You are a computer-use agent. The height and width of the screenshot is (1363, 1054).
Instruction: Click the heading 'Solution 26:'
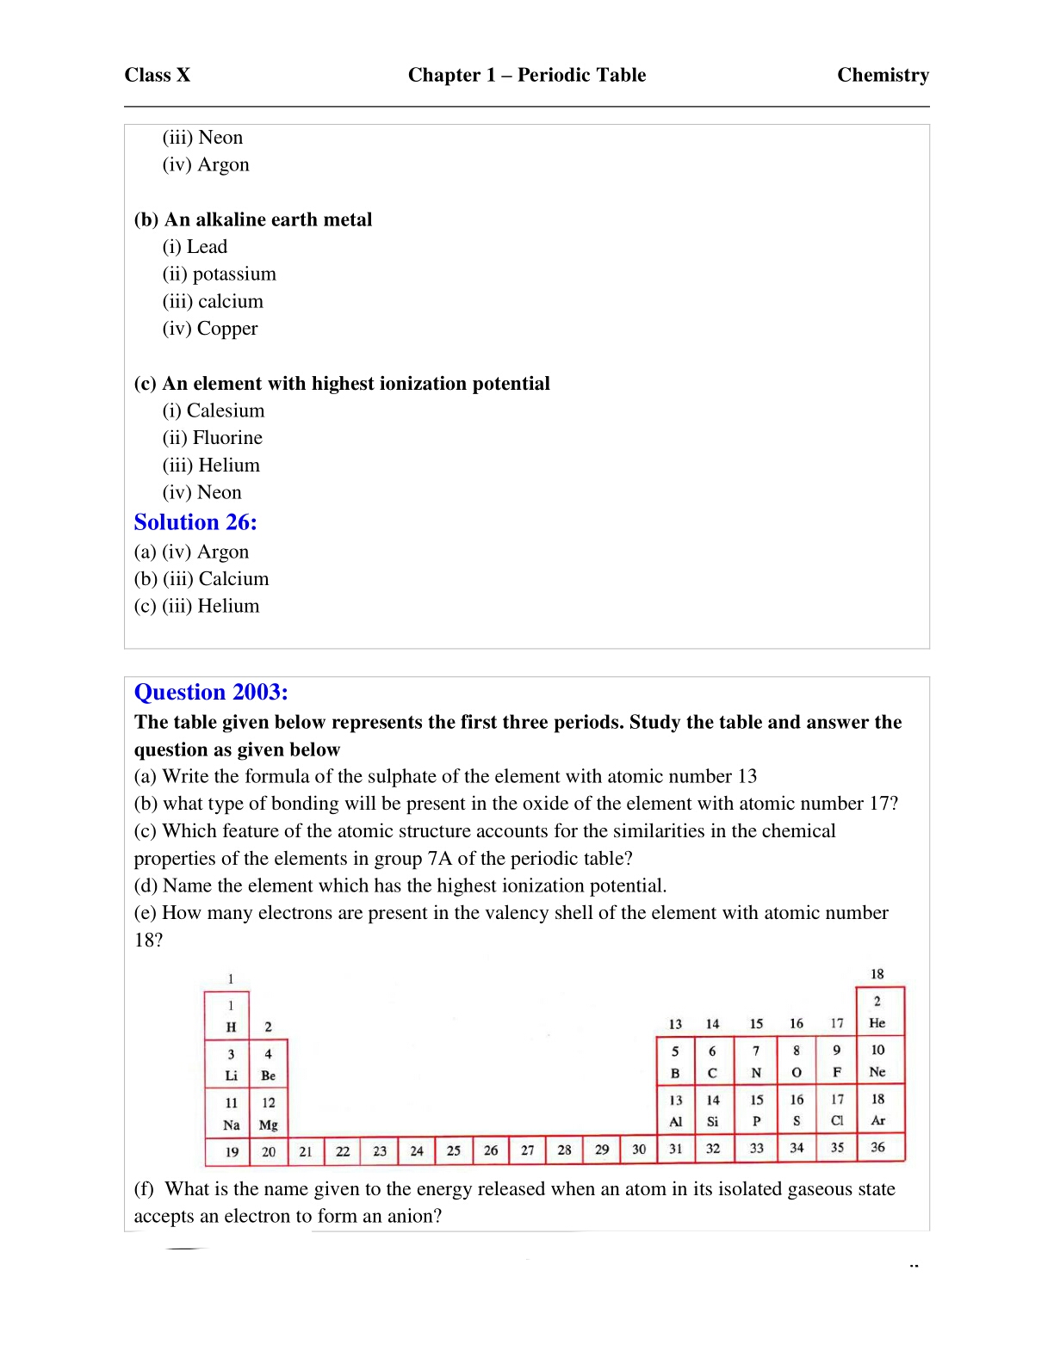point(195,522)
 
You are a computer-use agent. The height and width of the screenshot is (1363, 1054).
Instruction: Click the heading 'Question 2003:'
point(211,692)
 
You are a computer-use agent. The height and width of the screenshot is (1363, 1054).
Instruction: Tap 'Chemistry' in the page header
point(883,76)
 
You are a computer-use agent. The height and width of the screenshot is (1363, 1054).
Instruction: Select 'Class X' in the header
point(158,76)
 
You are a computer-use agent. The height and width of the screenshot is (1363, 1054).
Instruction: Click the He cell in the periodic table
point(877,1012)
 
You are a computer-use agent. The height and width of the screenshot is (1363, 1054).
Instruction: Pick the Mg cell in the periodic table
point(269,1113)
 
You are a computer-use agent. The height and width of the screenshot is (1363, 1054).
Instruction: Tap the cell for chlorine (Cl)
point(837,1110)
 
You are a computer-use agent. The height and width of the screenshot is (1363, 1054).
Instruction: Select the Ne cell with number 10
point(877,1061)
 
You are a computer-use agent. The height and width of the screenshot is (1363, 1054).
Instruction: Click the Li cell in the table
point(231,1064)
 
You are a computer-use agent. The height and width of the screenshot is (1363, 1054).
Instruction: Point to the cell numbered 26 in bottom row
point(491,1150)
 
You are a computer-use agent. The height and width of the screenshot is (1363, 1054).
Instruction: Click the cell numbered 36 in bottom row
point(877,1147)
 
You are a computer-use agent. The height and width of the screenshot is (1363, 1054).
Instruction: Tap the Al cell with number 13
point(676,1110)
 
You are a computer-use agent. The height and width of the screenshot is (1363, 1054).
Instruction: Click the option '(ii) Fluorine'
point(213,438)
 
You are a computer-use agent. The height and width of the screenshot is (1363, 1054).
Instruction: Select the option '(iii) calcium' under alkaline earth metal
point(213,301)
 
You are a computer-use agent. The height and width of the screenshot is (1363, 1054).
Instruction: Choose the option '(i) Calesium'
point(214,410)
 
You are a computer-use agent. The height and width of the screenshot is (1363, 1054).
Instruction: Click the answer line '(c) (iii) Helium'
point(196,606)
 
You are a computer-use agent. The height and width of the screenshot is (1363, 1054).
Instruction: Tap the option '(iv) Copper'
point(210,329)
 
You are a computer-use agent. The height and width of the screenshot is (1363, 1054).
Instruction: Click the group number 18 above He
point(877,974)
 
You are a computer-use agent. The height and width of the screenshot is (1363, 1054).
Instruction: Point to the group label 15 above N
point(756,1024)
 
